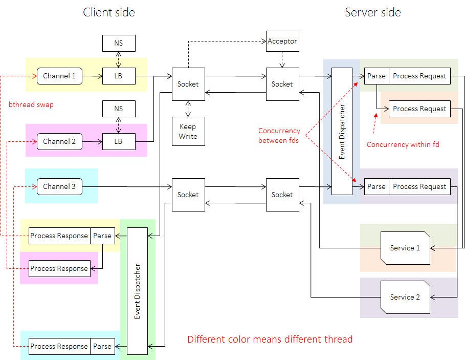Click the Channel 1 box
point(59,76)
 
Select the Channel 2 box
point(59,142)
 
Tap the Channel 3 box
point(59,187)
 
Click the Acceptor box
point(282,41)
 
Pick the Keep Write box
point(188,132)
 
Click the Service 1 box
point(405,248)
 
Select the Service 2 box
point(405,298)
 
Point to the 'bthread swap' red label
point(31,105)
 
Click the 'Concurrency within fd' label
point(403,145)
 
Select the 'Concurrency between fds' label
point(279,136)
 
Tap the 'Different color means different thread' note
point(270,340)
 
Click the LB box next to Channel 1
point(119,76)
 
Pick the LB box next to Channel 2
point(119,142)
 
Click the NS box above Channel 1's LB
point(119,44)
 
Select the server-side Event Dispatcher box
point(342,132)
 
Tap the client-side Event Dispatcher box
point(137,291)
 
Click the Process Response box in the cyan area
point(59,347)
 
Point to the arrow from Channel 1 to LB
point(92,76)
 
